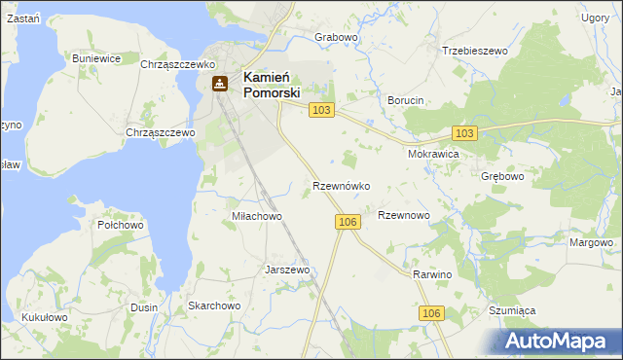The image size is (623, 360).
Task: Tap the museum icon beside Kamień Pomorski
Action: click(x=220, y=85)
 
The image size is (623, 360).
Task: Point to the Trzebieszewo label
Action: click(x=476, y=51)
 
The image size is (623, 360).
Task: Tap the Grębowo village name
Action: click(x=502, y=177)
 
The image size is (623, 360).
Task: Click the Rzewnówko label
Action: click(x=340, y=185)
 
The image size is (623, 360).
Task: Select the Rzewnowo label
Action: click(x=403, y=215)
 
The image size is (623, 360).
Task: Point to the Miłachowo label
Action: click(x=256, y=216)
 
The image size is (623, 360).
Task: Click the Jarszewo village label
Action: click(x=287, y=270)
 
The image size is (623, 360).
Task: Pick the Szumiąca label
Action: click(x=512, y=310)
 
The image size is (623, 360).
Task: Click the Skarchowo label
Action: click(x=214, y=306)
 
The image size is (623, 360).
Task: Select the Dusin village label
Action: click(x=143, y=307)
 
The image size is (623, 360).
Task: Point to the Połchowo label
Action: click(x=121, y=225)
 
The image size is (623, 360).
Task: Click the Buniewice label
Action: click(x=96, y=58)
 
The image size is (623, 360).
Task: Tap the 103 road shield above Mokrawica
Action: click(x=464, y=132)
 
